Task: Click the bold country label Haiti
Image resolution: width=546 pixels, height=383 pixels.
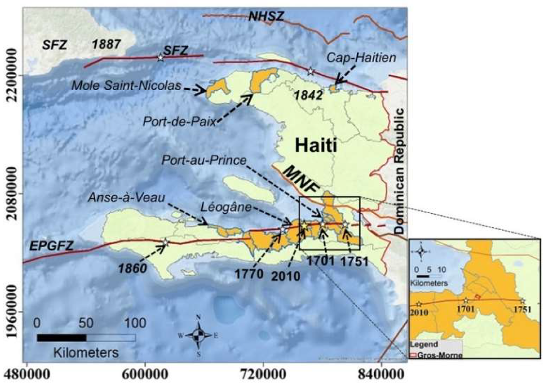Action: point(316,145)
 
